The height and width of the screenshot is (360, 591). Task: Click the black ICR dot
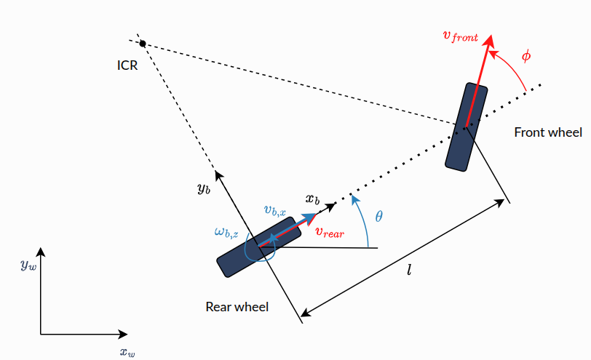(x=143, y=44)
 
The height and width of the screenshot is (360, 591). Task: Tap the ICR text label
(x=127, y=65)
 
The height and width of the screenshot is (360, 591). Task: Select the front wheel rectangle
(x=467, y=127)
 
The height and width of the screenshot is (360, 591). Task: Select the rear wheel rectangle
(x=259, y=247)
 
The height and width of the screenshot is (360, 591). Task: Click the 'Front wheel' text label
(x=548, y=132)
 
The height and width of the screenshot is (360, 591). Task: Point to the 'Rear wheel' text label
(x=237, y=306)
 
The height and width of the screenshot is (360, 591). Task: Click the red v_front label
(x=461, y=36)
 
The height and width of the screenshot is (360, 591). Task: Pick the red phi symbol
(x=526, y=56)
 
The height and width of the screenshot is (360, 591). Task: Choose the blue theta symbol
(x=378, y=216)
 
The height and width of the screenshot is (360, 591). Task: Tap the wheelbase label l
(x=409, y=270)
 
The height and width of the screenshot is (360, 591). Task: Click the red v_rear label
(x=330, y=232)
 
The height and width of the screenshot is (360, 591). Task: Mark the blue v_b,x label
(x=275, y=210)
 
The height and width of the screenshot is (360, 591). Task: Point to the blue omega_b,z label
(x=226, y=232)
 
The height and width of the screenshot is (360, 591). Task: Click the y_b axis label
(x=204, y=188)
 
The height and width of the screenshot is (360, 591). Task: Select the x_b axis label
(x=312, y=199)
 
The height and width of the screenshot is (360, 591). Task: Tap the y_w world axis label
(x=28, y=265)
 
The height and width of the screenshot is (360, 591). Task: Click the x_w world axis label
(x=127, y=353)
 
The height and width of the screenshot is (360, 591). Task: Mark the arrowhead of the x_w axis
(x=122, y=334)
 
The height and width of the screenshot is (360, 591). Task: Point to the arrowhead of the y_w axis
(x=41, y=252)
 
